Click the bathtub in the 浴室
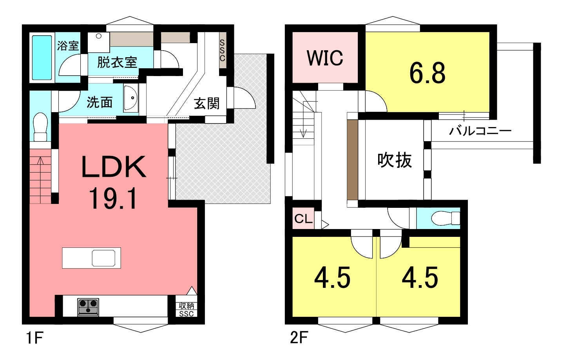(42, 58)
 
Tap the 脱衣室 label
(117, 62)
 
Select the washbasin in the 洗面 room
(130, 98)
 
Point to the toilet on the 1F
(40, 127)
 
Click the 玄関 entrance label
(207, 104)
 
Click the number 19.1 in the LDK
(113, 198)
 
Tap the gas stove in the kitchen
(88, 307)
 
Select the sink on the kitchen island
(103, 258)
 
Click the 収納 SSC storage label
(187, 309)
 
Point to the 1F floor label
(35, 338)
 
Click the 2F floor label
(299, 338)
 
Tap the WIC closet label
(325, 58)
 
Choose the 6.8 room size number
(428, 73)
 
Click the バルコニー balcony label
(480, 131)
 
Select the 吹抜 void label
(394, 160)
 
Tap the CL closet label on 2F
(304, 218)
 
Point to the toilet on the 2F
(446, 218)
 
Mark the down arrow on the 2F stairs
(303, 125)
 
